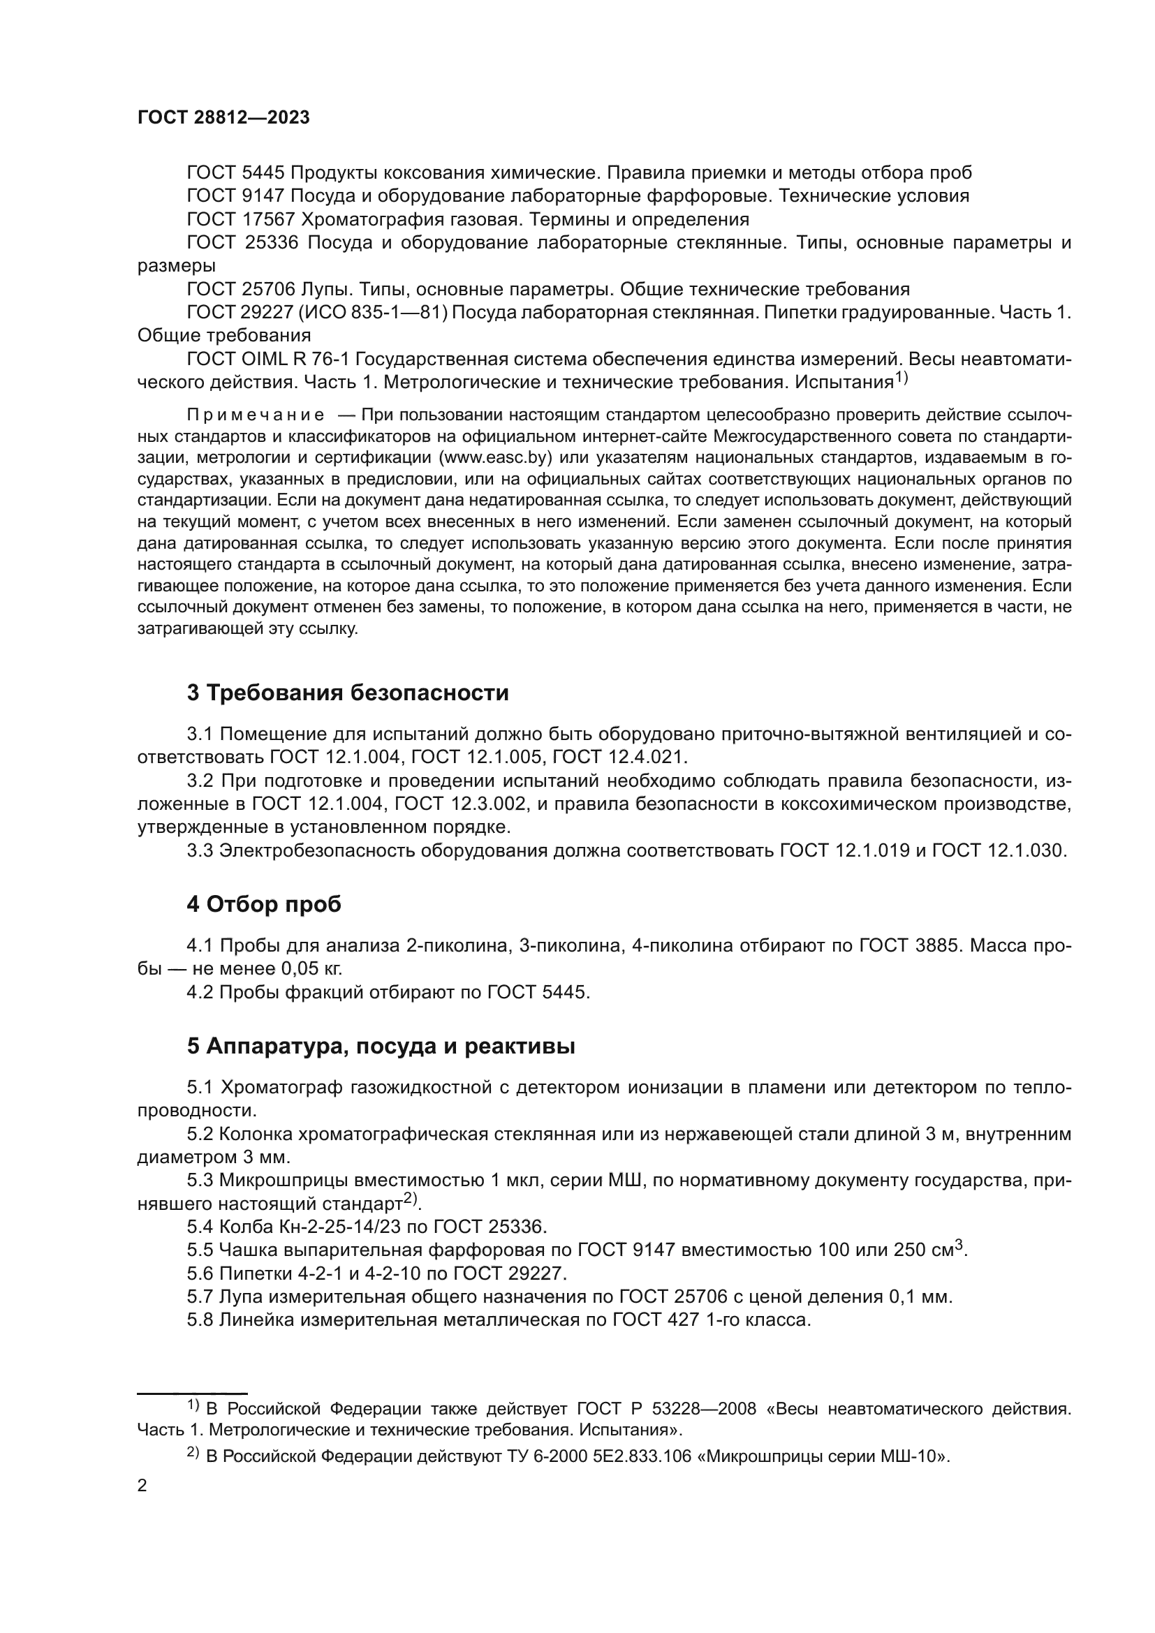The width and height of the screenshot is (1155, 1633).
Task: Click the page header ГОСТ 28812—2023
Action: pos(223,118)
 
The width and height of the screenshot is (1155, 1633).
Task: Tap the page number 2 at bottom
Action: pos(142,1486)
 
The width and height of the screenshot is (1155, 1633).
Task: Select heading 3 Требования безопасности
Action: pos(347,693)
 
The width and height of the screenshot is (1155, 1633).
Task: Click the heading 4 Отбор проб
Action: pos(264,905)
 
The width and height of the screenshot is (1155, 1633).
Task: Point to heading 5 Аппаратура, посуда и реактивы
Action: pos(381,1047)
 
